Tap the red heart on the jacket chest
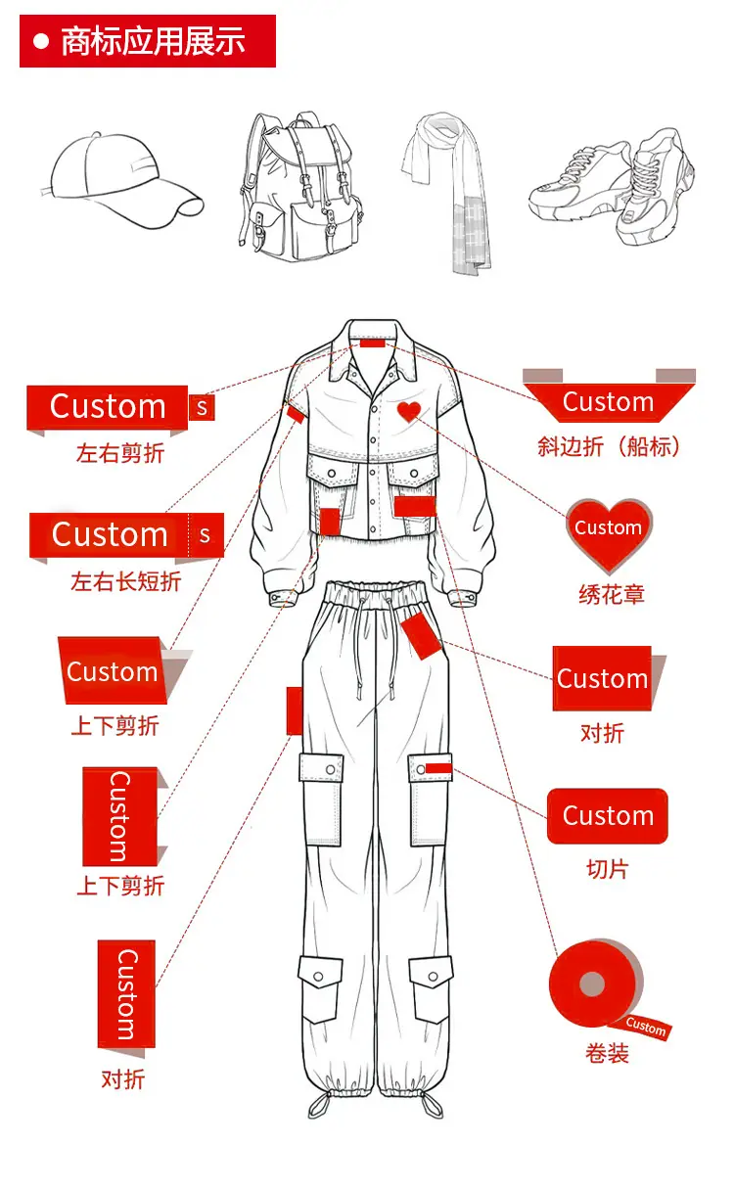point(409,412)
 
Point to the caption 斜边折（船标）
point(609,446)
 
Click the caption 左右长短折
point(125,581)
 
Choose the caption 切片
point(607,868)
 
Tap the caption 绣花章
point(611,594)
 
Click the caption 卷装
point(607,1054)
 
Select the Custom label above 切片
point(608,816)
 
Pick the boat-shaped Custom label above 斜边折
point(609,402)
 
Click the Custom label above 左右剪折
point(108,407)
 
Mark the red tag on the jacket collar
point(373,343)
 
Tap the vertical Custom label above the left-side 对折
point(126,994)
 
